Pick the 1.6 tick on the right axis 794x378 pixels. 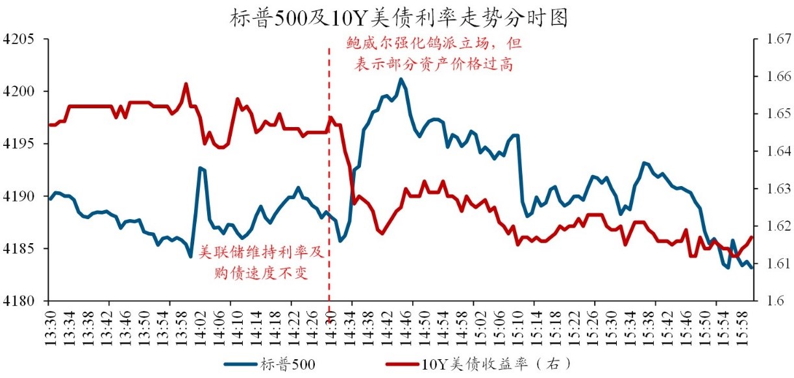tap(770, 301)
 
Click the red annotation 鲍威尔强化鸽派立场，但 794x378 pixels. tap(432, 44)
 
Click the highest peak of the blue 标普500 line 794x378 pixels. tap(401, 79)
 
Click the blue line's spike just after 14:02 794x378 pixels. tap(201, 168)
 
